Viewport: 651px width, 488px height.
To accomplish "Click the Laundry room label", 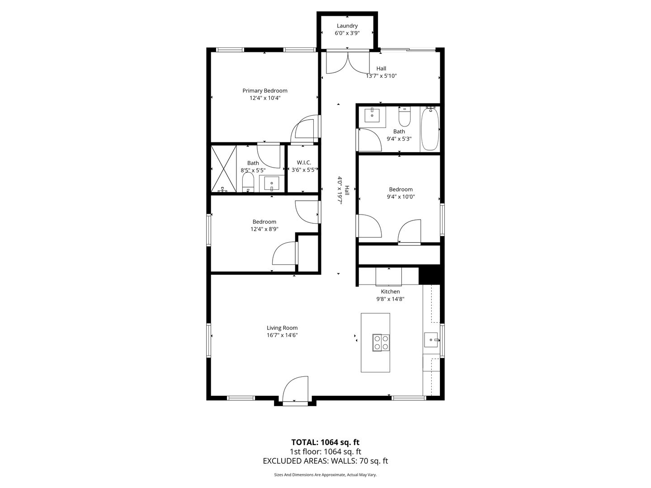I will [347, 26].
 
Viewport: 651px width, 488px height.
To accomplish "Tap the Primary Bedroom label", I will [264, 91].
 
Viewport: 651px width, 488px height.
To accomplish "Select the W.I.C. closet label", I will [304, 163].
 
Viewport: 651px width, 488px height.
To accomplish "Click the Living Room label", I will [282, 328].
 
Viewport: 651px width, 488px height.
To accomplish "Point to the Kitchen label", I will [390, 292].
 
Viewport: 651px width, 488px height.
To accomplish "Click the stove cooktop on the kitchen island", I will [380, 343].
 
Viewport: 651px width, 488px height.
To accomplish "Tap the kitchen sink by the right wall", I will [431, 339].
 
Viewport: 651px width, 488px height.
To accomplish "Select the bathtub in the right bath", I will [429, 129].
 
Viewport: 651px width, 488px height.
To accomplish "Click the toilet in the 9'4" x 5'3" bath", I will [404, 117].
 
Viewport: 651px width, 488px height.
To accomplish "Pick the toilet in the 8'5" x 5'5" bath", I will [248, 183].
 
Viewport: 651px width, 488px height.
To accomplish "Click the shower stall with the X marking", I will [224, 168].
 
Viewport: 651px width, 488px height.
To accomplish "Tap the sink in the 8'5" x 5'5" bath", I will [272, 184].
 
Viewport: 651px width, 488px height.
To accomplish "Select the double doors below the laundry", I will [348, 62].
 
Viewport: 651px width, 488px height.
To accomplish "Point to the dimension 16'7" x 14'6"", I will [282, 335].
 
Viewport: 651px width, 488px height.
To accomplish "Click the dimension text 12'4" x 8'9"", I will [264, 229].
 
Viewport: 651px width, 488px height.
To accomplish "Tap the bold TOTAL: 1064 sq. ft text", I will [325, 442].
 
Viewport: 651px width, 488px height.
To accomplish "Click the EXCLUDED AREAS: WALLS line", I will [325, 461].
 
